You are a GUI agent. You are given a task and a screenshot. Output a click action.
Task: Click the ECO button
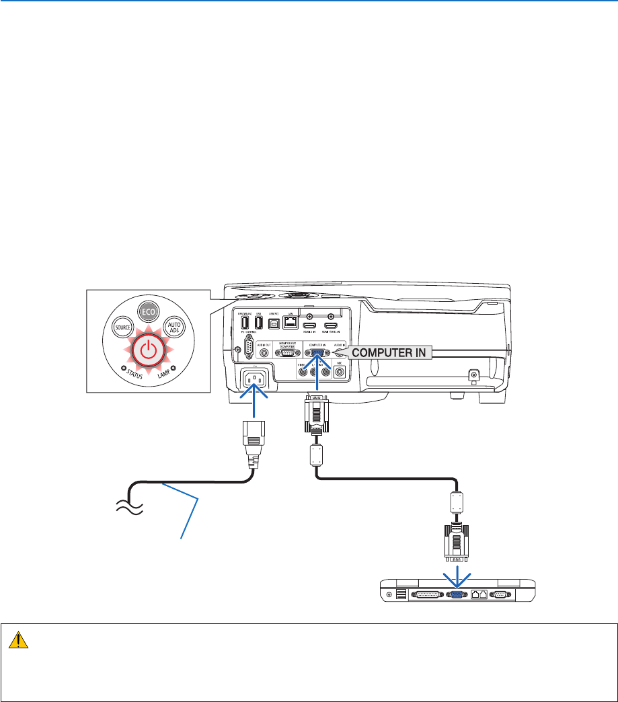pos(147,313)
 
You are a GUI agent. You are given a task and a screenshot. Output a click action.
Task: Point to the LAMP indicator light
pos(173,368)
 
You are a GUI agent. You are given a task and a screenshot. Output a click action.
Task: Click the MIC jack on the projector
pos(340,368)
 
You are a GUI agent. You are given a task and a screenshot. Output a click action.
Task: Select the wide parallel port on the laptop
pos(426,594)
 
